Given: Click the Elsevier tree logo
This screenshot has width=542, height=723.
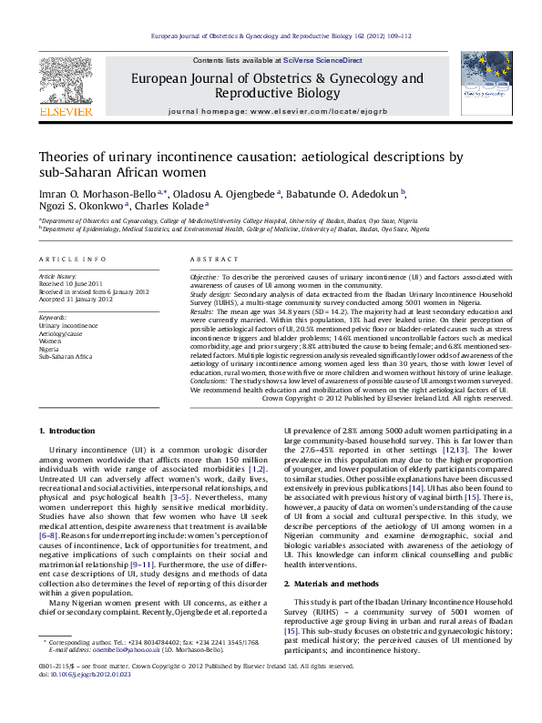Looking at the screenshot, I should pyautogui.click(x=65, y=83).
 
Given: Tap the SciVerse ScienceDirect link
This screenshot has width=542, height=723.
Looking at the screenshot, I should pyautogui.click(x=322, y=60).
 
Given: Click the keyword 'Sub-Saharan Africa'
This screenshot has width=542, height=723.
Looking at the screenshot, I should pyautogui.click(x=65, y=357).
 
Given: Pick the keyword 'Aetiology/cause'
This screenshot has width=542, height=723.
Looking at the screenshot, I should pyautogui.click(x=60, y=333).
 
